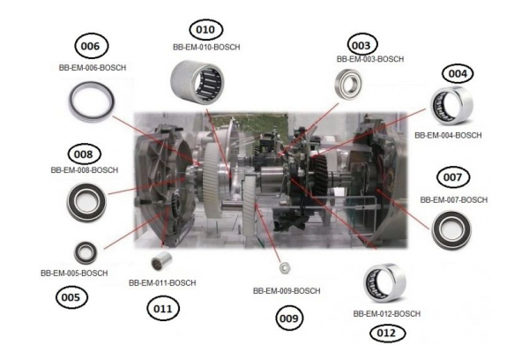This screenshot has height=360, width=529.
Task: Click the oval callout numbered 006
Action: [x=94, y=46]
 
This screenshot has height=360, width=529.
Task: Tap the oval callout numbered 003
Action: [x=360, y=44]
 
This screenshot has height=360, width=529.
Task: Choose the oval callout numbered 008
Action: [x=84, y=154]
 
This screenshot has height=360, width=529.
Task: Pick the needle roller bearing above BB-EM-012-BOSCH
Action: [x=385, y=285]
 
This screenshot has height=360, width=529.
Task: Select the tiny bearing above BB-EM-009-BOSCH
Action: [x=284, y=266]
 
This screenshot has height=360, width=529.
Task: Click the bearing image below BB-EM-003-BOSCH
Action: [x=345, y=86]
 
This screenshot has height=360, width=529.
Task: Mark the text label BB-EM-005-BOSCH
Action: [x=74, y=274]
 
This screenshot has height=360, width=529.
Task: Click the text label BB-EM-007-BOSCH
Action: [x=453, y=200]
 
